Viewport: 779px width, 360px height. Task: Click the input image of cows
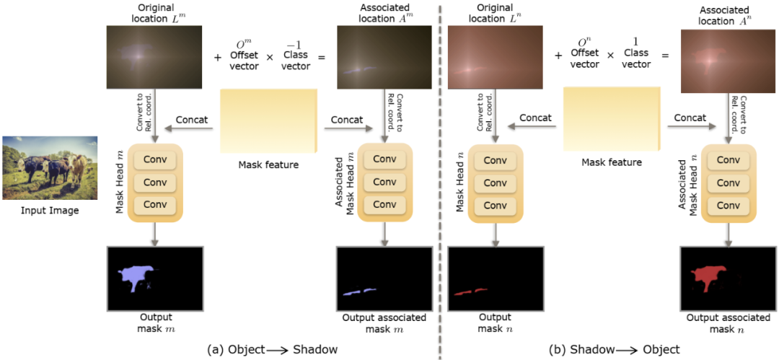pos(49,167)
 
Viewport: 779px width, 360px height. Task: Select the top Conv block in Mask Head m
pos(154,159)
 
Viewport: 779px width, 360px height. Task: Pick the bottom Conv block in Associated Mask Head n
pos(729,206)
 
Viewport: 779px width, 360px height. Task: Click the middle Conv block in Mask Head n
pos(496,183)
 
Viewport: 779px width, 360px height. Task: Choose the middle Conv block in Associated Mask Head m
pos(384,183)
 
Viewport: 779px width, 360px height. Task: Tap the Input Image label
pos(49,211)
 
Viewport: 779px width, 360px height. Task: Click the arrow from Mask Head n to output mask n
pos(496,233)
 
